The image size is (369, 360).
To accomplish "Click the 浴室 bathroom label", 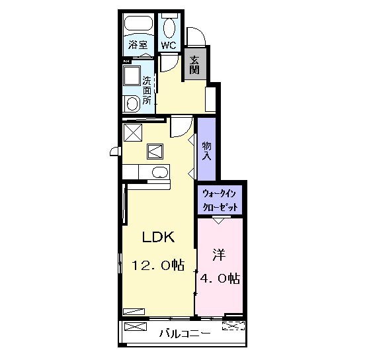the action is coord(138,44).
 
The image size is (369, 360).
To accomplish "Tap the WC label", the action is coord(169,45).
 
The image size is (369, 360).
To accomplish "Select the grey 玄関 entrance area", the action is coord(195,64).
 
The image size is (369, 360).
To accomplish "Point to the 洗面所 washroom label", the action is coord(147,91).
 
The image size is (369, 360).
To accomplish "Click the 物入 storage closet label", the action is coord(206,151).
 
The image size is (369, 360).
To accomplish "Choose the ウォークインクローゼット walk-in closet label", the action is coord(220,201).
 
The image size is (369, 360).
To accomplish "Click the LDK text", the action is coord(158,237).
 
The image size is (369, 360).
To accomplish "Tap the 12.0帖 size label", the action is coord(157,265).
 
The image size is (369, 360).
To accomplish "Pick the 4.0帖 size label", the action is coord(220,278).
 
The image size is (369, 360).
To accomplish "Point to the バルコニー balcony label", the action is coord(185,334).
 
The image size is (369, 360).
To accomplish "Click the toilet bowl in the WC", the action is coord(169,28).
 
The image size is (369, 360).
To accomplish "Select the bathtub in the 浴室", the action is coord(138,23).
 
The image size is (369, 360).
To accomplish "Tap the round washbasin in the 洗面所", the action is coord(132,104).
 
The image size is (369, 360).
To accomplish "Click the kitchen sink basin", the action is coord(160,172).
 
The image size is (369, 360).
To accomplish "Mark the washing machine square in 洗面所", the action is coord(132,76).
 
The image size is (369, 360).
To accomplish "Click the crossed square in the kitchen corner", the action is coord(133,132).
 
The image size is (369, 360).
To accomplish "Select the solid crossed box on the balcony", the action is coord(136,326).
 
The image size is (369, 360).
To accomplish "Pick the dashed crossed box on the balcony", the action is coord(233,326).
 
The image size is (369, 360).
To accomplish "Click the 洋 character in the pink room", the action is coord(219,255).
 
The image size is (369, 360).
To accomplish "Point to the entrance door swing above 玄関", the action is coord(196,36).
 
